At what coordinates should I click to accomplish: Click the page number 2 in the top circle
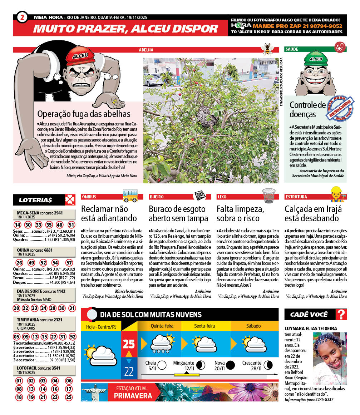[23, 17]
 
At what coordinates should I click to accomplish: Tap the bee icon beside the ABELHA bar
[267, 49]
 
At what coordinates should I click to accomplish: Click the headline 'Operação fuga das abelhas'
[84, 114]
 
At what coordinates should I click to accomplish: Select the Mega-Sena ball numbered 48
[60, 225]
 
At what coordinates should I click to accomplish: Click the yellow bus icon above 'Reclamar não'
[130, 195]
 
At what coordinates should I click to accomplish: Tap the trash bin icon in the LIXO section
[269, 195]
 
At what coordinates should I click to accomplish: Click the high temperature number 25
[129, 344]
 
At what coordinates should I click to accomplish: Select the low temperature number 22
[129, 371]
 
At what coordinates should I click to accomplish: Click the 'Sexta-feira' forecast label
[204, 326]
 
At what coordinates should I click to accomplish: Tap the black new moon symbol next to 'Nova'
[231, 365]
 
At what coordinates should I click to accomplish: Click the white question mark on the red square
[342, 315]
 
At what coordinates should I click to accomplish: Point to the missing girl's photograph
[330, 358]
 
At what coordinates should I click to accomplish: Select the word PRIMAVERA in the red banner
[133, 396]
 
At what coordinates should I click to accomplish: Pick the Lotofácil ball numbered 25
[69, 397]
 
